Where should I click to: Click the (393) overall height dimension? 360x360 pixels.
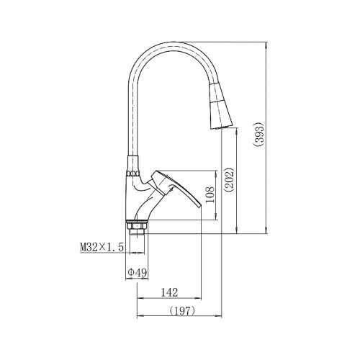260,135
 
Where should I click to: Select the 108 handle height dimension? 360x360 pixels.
210,195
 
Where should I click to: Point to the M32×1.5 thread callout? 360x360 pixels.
102,247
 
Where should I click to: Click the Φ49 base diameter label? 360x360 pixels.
138,272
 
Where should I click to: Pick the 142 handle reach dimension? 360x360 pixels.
169,292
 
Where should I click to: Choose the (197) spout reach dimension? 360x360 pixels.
182,311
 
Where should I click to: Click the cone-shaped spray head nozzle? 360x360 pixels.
220,107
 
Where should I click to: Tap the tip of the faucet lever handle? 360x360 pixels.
200,206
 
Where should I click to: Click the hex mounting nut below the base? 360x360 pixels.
136,226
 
